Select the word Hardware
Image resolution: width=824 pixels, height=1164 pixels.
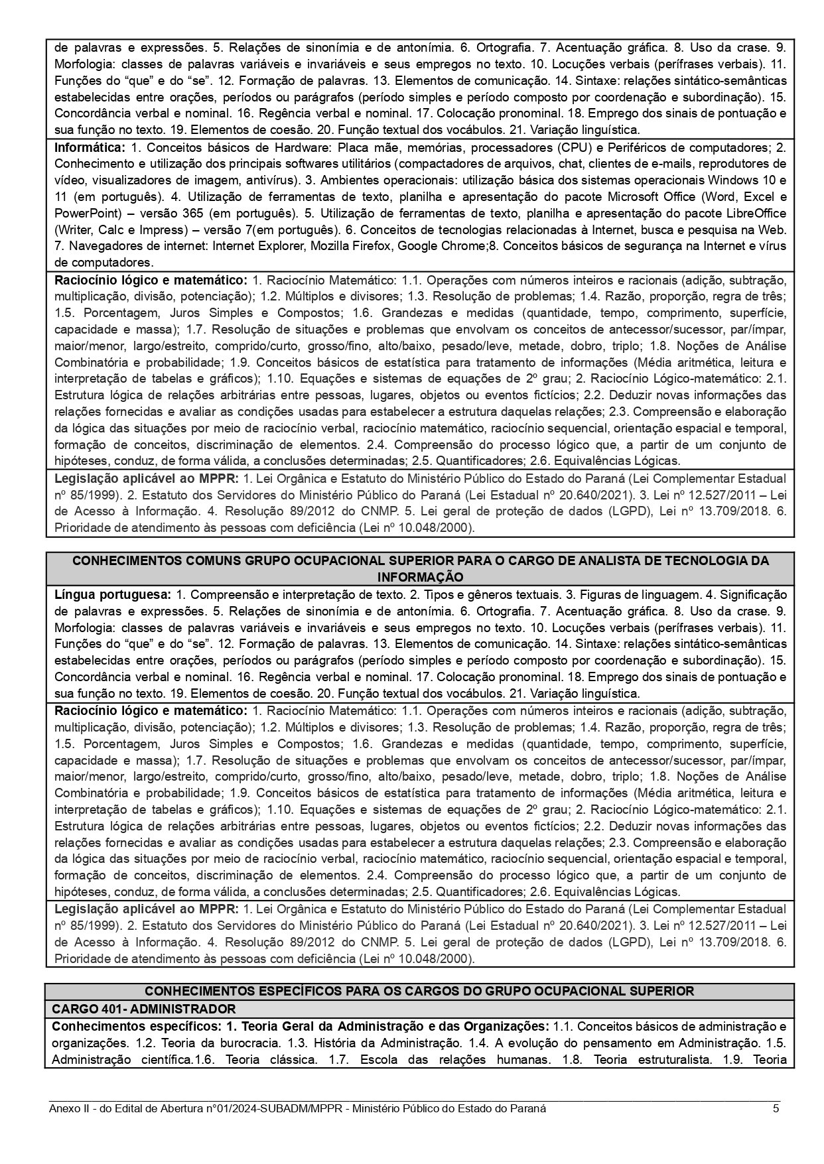click(301, 147)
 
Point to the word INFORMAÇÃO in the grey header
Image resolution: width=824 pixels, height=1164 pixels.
click(420, 576)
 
